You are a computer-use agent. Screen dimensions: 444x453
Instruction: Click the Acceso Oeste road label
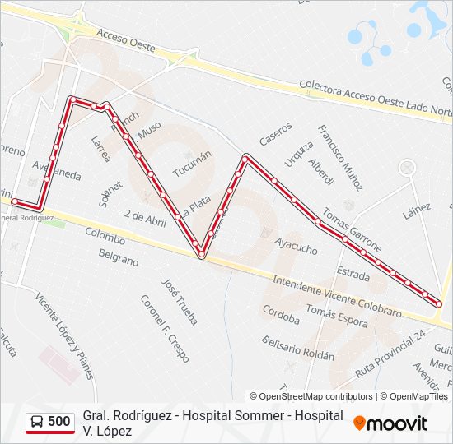point(125,40)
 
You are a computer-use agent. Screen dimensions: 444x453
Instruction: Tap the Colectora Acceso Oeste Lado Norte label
point(375,97)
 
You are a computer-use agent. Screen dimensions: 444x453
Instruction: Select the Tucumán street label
point(192,164)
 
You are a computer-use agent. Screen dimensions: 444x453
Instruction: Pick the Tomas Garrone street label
point(353,229)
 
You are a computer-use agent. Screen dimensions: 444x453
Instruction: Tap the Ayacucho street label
point(296,244)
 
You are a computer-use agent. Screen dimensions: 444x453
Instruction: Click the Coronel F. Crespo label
point(164,328)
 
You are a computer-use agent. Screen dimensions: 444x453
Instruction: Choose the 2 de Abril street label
point(145,217)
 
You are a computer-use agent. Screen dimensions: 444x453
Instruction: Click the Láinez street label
point(417,211)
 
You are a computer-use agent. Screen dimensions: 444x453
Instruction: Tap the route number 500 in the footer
point(59,422)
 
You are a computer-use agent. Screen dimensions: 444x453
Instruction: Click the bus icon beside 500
point(38,422)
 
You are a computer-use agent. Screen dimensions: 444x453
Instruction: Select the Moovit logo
point(390,423)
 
